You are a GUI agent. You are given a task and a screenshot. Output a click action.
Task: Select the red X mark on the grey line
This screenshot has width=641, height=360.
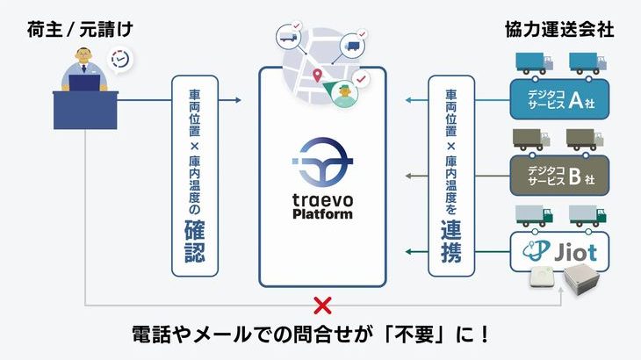tap(322, 306)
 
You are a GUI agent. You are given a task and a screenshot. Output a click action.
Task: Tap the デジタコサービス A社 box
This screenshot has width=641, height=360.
tap(559, 101)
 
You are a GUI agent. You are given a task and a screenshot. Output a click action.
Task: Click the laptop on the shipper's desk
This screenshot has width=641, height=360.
tap(85, 86)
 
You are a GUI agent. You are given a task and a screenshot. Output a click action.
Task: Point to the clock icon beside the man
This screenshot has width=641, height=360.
tap(121, 60)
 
